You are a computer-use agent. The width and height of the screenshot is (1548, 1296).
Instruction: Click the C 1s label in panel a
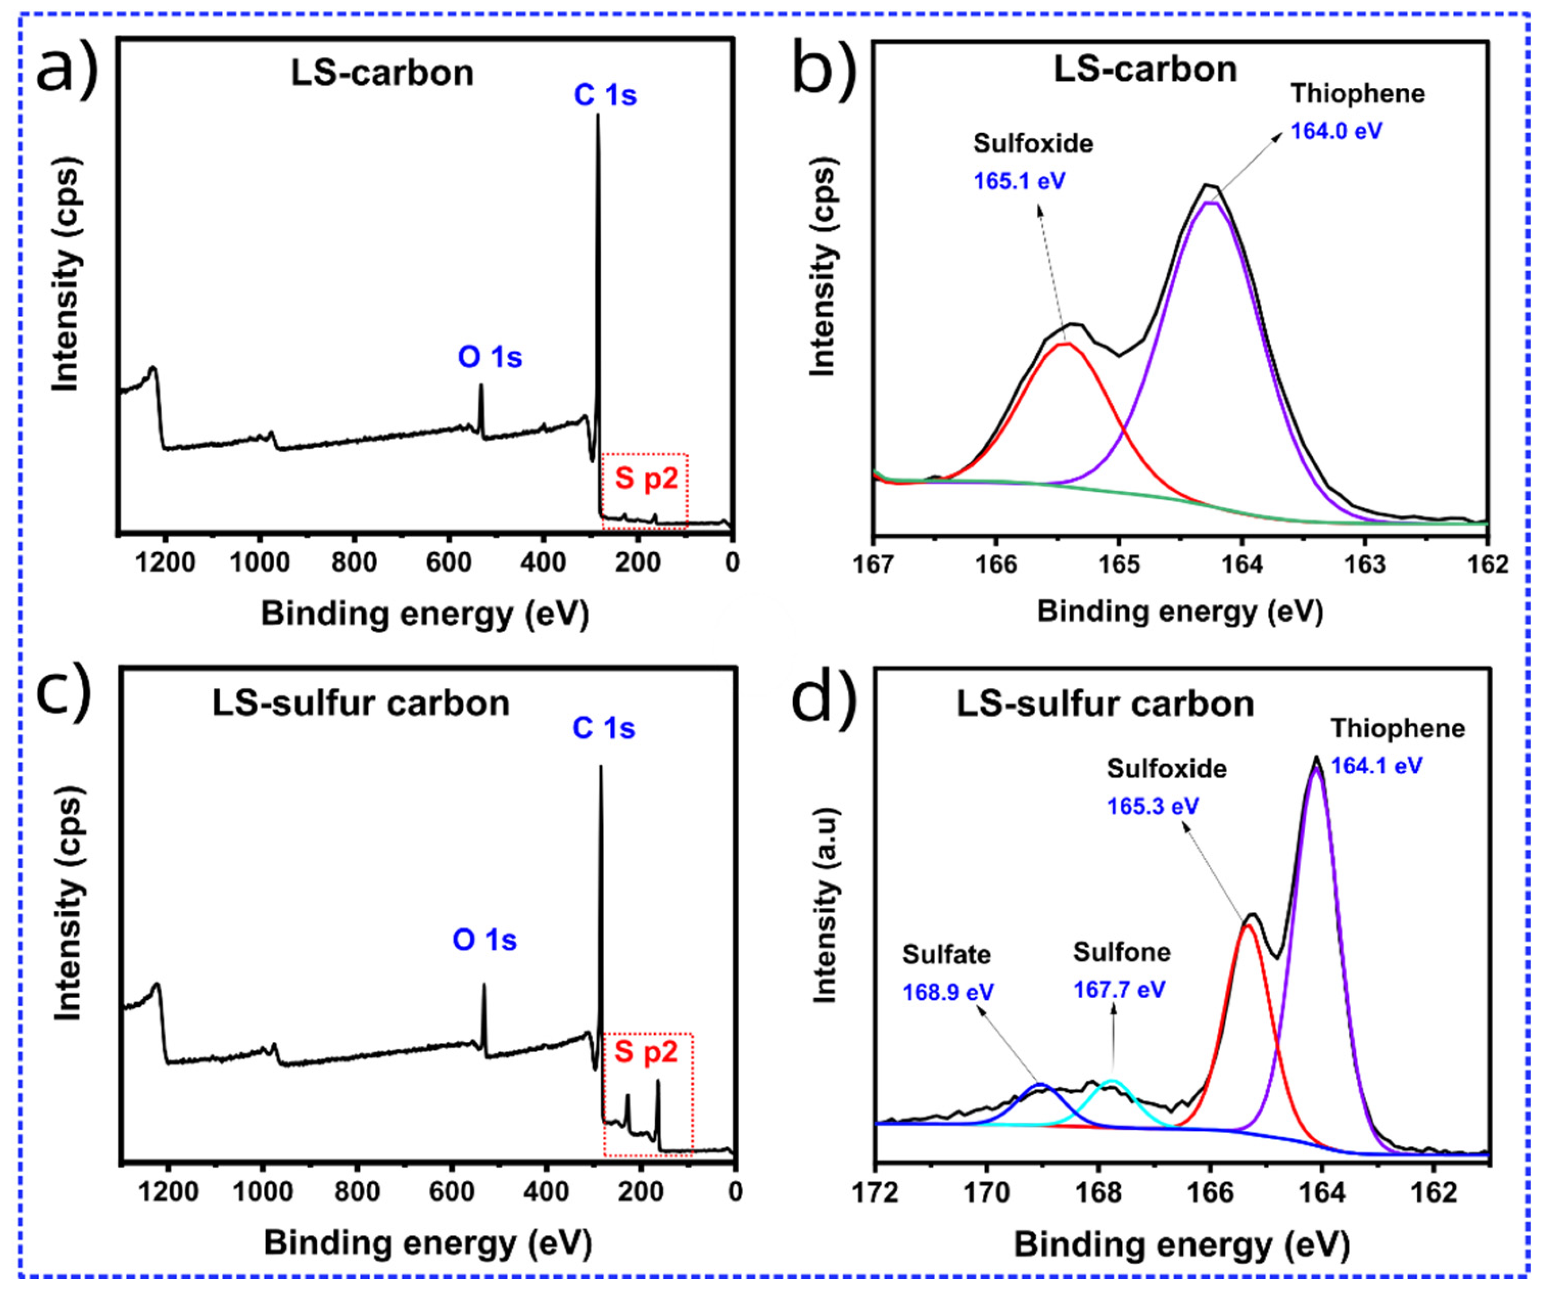[605, 96]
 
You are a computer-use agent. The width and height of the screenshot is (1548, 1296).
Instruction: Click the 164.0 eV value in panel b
[1336, 131]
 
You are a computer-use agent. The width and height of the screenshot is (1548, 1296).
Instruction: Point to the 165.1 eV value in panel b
[1019, 181]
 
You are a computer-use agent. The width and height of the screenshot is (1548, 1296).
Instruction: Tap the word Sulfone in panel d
[1121, 952]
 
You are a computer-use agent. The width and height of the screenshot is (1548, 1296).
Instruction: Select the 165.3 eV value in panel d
[1152, 806]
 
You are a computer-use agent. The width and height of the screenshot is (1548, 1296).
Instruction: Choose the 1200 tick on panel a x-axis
[167, 563]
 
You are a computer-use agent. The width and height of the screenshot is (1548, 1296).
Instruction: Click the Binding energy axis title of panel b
[1179, 612]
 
